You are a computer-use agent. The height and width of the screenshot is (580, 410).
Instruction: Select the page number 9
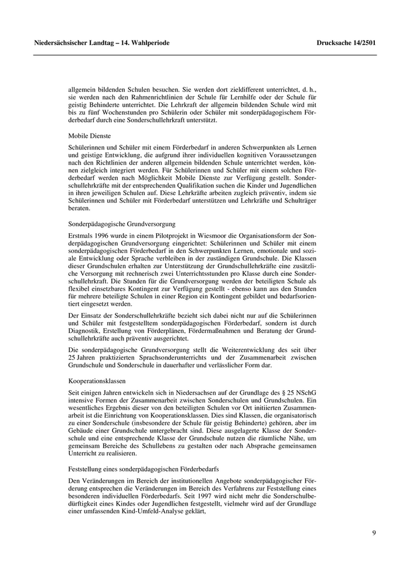[x=374, y=533]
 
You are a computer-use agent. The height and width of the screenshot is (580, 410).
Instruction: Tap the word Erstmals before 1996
[x=81, y=235]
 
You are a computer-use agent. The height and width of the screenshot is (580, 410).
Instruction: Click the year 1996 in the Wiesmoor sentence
[x=104, y=235]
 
